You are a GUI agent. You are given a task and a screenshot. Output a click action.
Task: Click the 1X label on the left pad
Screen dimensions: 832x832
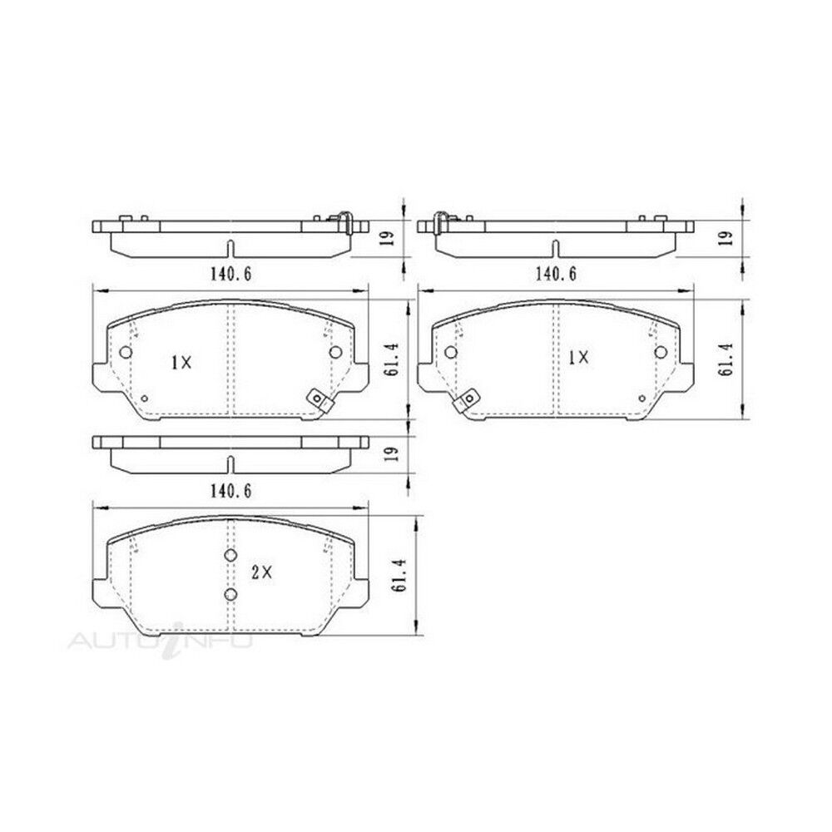(x=181, y=363)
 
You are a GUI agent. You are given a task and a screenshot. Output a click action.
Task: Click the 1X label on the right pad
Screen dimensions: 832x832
(x=578, y=358)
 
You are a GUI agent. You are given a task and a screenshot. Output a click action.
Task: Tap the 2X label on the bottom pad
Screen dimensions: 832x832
(x=261, y=572)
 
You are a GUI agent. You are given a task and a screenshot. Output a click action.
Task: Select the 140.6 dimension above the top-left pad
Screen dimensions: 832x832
(x=230, y=274)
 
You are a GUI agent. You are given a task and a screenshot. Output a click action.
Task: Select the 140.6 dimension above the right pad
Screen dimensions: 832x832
(x=556, y=274)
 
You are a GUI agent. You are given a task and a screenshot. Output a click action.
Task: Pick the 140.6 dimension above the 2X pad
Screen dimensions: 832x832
(x=230, y=492)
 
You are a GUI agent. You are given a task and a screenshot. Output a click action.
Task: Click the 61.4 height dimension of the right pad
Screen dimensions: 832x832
(x=726, y=359)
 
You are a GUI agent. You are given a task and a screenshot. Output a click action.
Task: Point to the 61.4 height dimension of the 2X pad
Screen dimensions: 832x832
(x=401, y=575)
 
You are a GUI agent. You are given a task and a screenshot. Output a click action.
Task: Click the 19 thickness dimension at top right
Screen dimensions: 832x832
(x=729, y=237)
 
